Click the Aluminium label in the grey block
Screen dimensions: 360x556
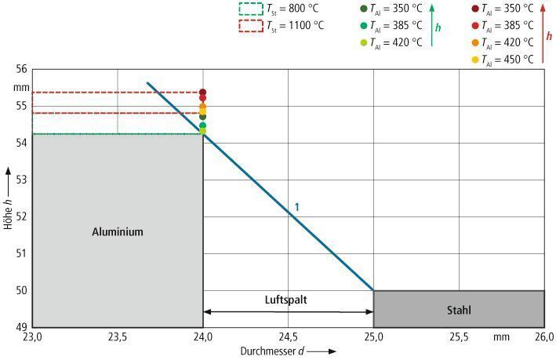118,231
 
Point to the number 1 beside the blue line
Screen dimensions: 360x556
297,207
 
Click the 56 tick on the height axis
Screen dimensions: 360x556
23,69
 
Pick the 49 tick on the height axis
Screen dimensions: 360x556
23,327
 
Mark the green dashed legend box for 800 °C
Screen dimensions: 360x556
250,9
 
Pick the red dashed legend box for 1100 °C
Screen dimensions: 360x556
250,25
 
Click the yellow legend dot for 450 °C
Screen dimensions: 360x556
474,60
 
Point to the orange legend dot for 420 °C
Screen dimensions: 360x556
474,42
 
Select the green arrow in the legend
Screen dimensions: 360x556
432,26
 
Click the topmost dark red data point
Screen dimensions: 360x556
202,93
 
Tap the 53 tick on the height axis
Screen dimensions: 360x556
23,180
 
